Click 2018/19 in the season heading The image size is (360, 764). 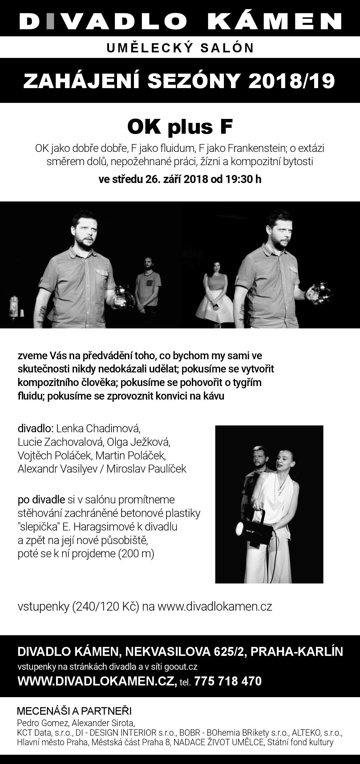(x=292, y=81)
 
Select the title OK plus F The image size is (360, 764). (x=180, y=127)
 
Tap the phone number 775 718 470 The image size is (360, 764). (x=228, y=681)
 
